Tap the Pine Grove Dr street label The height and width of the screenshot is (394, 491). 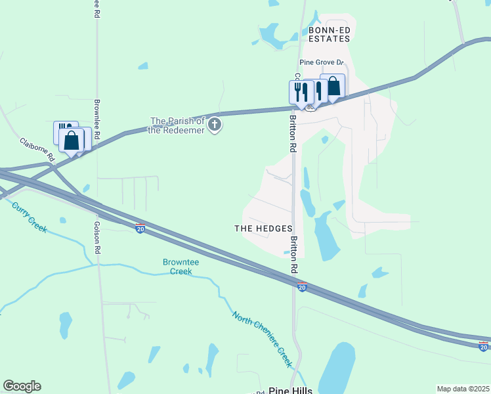(x=322, y=62)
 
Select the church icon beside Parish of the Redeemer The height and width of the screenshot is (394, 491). (x=215, y=125)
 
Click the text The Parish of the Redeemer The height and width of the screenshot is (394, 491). (x=177, y=125)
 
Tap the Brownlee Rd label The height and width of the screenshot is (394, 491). (x=96, y=119)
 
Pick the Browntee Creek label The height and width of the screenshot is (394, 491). (x=177, y=267)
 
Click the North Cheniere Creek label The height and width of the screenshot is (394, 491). (x=262, y=339)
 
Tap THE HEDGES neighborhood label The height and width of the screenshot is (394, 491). (x=263, y=228)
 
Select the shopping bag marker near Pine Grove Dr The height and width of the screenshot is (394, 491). (x=333, y=86)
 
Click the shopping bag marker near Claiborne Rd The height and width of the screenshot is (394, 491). (x=71, y=140)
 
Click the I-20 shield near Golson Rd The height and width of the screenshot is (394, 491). (x=140, y=228)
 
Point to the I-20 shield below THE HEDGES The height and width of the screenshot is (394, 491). (x=301, y=288)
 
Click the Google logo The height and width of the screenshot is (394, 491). (x=22, y=386)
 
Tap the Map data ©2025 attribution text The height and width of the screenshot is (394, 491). (x=463, y=389)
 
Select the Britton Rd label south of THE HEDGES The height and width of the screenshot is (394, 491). (x=295, y=255)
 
